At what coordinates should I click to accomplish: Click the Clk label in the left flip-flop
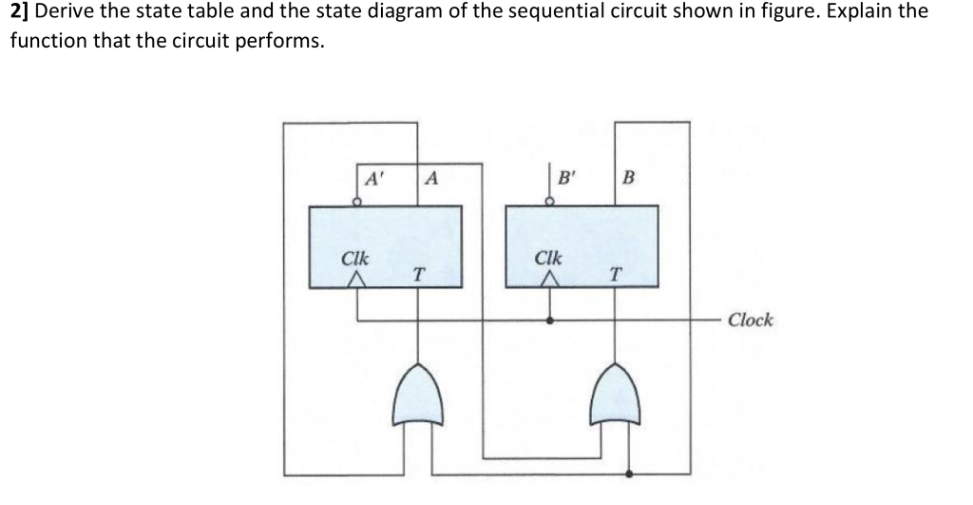click(355, 258)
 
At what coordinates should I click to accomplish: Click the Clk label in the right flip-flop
click(549, 258)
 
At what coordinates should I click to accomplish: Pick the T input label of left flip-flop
click(418, 274)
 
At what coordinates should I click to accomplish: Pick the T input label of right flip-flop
click(615, 274)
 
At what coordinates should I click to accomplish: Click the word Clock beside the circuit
click(750, 320)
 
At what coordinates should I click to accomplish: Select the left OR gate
click(419, 394)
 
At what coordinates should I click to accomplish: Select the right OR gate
click(615, 394)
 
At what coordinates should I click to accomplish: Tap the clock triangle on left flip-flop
click(356, 280)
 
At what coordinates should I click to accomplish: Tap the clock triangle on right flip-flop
click(549, 280)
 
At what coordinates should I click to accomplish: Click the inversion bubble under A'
click(357, 202)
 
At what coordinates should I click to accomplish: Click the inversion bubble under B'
click(549, 202)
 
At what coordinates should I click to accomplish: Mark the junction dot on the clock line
click(549, 320)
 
